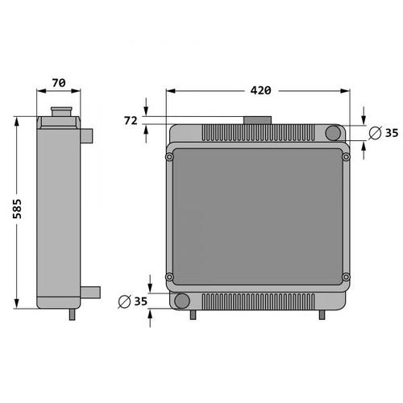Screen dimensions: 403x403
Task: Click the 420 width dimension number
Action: [x=260, y=90]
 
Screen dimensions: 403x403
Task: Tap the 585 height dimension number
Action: [x=17, y=209]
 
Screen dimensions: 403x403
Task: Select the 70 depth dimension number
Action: [x=59, y=83]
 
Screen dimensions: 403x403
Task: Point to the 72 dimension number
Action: [x=131, y=121]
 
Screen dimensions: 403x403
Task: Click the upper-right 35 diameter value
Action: [x=392, y=133]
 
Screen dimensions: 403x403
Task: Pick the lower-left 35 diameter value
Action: [x=141, y=301]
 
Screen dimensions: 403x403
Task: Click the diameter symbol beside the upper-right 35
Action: [x=375, y=133]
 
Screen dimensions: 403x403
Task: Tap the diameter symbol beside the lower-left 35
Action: [x=124, y=301]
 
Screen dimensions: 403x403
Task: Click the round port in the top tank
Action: [x=333, y=133]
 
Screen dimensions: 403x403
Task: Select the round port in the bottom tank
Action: [x=182, y=301]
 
